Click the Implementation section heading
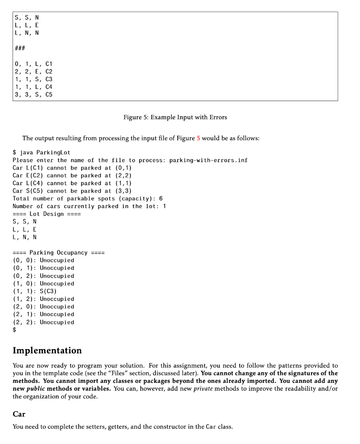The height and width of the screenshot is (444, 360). pos(47,350)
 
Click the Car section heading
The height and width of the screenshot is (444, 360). pos(19,414)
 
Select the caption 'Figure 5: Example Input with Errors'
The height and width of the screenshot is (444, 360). pos(175,117)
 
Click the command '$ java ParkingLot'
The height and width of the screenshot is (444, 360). pos(42,152)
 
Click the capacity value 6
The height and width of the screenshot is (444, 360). pos(161,199)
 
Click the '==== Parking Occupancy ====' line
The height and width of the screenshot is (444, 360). pos(58,253)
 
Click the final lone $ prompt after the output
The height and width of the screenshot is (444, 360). pos(15,330)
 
